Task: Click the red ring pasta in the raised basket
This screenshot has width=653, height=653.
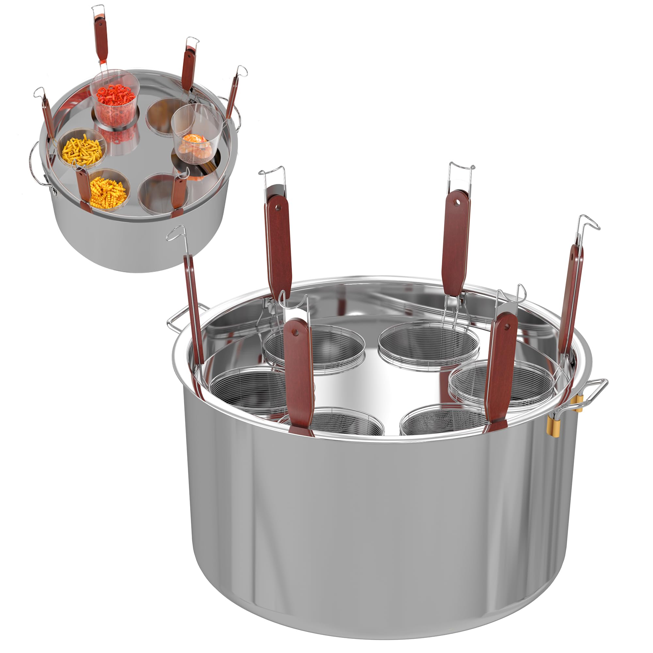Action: [115, 95]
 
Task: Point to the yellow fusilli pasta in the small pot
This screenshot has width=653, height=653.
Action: [107, 193]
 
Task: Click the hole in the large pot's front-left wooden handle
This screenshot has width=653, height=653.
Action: [295, 333]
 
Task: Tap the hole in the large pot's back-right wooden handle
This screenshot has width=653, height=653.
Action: [458, 202]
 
